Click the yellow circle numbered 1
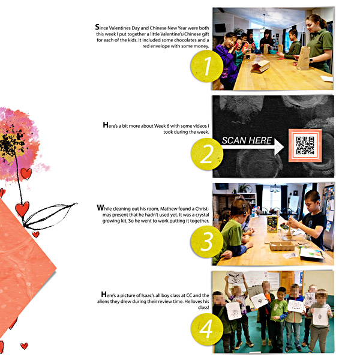click(x=207, y=66)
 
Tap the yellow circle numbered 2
click(x=207, y=154)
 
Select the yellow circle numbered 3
click(x=206, y=241)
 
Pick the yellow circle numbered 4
click(x=207, y=329)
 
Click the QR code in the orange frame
click(x=305, y=145)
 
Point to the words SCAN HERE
click(x=247, y=140)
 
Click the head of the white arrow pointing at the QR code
click(x=279, y=147)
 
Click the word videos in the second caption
click(x=200, y=126)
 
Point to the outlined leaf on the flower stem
click(x=49, y=216)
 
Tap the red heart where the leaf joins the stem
click(x=22, y=209)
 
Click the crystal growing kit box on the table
click(x=272, y=224)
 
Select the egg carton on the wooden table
click(x=282, y=246)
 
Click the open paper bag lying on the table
click(x=260, y=67)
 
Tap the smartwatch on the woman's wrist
click(x=311, y=61)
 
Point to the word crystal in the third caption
click(x=202, y=215)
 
